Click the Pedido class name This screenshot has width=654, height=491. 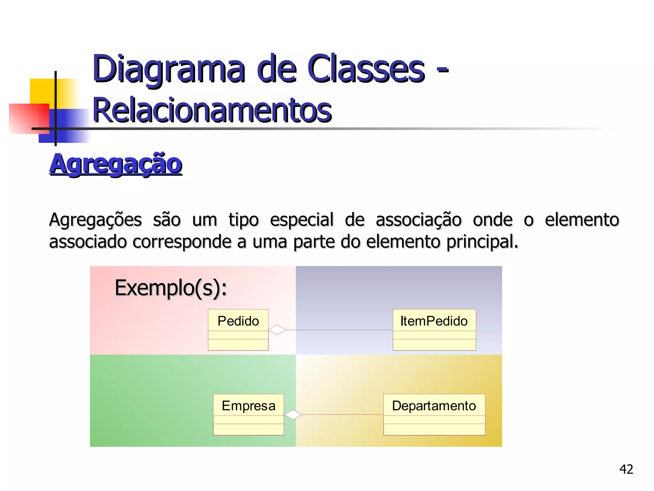point(238,321)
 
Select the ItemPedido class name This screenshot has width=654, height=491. point(434,321)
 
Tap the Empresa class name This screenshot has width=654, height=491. point(248,406)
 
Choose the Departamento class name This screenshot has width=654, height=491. point(434,406)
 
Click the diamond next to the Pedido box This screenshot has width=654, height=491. point(277,330)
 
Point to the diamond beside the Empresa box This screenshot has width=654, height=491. point(293,415)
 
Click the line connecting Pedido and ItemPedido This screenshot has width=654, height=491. point(338,330)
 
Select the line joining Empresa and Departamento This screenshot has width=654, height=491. point(342,415)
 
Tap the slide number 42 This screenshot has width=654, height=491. point(626,469)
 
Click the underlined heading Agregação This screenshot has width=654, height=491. point(116,164)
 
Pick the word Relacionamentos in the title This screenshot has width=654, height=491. point(212,110)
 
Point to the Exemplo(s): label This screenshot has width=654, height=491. point(171,288)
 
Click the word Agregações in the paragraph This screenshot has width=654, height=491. point(95,220)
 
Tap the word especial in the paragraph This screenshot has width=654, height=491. point(302,220)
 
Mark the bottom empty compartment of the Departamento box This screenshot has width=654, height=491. point(434,430)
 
